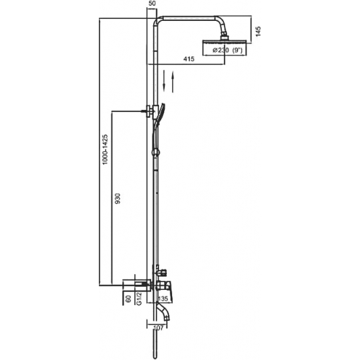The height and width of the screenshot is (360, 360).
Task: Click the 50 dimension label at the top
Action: (152, 4)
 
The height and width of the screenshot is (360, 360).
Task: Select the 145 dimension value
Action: (258, 31)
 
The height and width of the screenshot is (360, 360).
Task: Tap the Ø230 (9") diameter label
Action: (227, 50)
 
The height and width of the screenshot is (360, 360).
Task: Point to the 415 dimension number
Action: (189, 59)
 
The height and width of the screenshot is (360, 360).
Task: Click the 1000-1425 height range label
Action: (105, 149)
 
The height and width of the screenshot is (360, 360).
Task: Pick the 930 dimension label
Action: (117, 198)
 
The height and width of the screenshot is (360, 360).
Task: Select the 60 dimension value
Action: (128, 298)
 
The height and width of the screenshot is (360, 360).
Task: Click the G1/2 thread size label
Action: (139, 298)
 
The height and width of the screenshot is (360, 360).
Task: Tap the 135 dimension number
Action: (163, 298)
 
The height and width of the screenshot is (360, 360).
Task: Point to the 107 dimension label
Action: (158, 328)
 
